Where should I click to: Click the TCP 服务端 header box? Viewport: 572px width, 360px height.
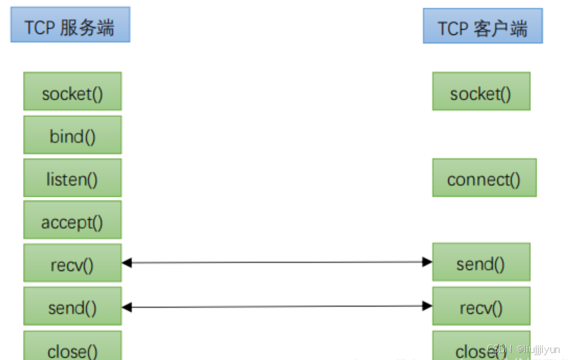pos(70,28)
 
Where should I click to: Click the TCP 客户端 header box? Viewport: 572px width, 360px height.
pos(482,29)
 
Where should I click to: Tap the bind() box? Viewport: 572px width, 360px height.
pos(72,135)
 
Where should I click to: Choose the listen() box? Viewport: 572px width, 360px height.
pos(72,178)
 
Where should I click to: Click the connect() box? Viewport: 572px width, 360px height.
pos(484,178)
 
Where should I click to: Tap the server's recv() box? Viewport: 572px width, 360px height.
pos(72,263)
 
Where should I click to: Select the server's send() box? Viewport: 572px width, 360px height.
pos(72,306)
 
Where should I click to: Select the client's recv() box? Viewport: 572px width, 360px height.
pos(481,306)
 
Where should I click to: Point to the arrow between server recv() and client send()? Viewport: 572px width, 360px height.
pos(277,263)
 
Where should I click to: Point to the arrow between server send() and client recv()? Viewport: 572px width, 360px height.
pos(277,306)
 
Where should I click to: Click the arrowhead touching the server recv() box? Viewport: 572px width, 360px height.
pos(127,263)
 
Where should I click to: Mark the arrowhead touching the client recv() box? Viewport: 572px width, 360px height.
pos(427,306)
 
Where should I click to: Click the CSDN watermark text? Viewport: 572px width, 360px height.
pos(523,348)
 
